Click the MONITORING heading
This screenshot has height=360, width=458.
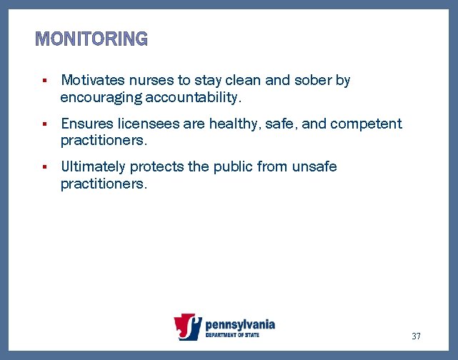point(91,39)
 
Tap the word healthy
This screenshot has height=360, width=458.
point(234,124)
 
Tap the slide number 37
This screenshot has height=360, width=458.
point(416,336)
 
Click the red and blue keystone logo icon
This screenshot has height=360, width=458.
point(188,328)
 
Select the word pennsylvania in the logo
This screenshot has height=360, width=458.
point(239,324)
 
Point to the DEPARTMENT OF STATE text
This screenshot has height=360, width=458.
point(232,335)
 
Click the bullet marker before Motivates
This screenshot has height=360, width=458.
point(44,81)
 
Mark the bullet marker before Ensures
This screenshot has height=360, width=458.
point(44,124)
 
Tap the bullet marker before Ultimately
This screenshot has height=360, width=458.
point(44,167)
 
